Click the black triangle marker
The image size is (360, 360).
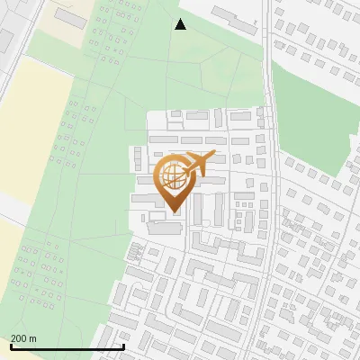(x=181, y=24)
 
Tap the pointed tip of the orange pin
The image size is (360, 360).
(x=173, y=211)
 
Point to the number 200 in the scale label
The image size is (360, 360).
(x=19, y=338)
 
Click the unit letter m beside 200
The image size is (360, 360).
(x=32, y=338)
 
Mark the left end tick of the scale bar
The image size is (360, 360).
(x=11, y=346)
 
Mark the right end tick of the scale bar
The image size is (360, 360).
(x=123, y=346)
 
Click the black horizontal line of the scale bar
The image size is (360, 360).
(x=67, y=347)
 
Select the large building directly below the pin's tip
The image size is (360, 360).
(x=165, y=229)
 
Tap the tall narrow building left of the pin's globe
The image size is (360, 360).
(x=137, y=160)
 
